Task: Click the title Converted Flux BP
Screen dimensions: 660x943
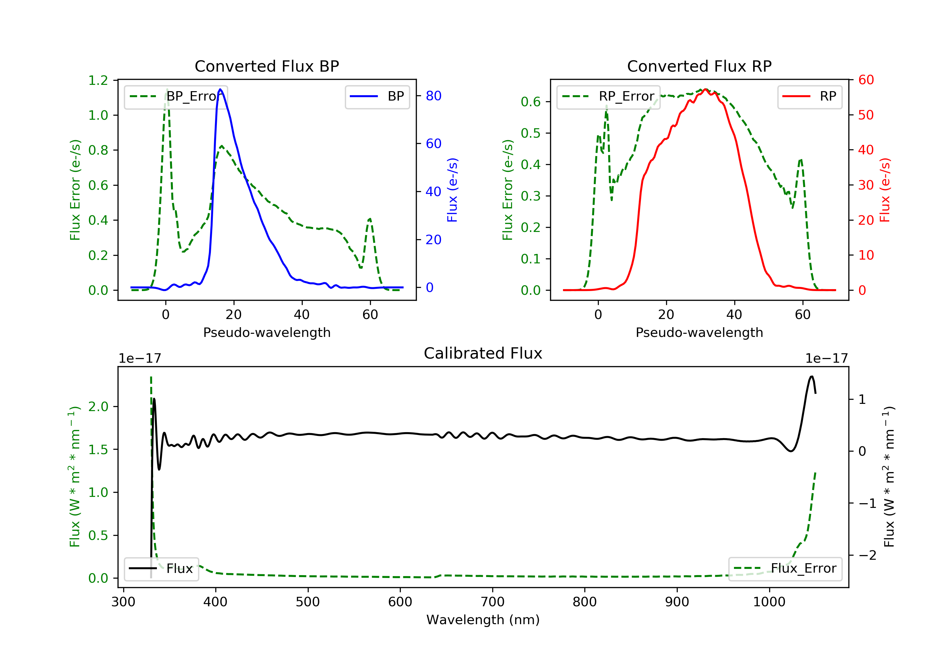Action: point(267,66)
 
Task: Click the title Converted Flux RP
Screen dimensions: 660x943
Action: point(699,66)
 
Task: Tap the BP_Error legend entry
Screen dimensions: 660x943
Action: point(176,96)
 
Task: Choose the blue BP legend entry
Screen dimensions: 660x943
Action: point(377,96)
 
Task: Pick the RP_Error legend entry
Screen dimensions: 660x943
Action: point(608,96)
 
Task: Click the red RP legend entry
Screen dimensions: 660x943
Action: point(809,96)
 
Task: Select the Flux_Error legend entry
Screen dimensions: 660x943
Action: point(785,569)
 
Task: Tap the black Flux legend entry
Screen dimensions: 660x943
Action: point(162,569)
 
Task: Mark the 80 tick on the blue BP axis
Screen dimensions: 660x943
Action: point(433,96)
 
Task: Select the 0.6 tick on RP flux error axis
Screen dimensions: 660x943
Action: point(531,102)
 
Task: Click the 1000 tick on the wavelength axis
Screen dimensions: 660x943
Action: point(769,602)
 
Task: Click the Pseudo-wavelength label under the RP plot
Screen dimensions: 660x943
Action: point(699,333)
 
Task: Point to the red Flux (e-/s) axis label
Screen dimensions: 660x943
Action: point(885,190)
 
